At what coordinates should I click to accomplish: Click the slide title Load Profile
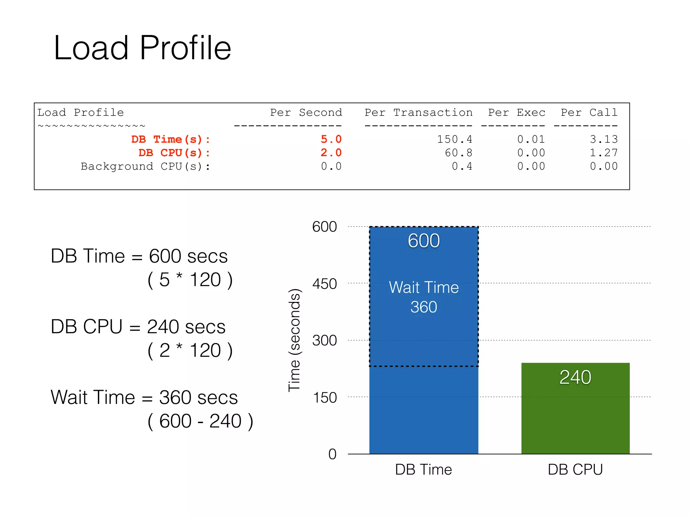click(142, 48)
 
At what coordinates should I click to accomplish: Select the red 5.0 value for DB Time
click(331, 139)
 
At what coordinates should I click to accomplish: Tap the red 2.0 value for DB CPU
click(331, 153)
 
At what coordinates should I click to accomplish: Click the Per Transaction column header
click(419, 112)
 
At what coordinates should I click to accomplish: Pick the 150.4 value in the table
click(455, 139)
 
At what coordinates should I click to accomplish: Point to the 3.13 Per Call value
click(604, 139)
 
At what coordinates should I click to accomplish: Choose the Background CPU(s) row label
click(145, 166)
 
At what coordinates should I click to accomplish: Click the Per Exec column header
click(517, 112)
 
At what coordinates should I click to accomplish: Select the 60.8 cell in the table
click(459, 153)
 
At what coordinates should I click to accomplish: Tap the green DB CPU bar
click(575, 421)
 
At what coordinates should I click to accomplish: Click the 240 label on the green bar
click(575, 377)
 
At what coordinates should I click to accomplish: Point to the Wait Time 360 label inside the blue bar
click(424, 297)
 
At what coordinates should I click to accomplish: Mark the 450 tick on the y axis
click(324, 284)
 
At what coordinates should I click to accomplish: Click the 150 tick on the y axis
click(325, 398)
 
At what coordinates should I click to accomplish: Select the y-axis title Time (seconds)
click(294, 340)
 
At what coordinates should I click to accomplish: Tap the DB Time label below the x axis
click(424, 470)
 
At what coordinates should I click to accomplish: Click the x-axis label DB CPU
click(575, 470)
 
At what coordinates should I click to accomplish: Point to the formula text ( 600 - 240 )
click(200, 421)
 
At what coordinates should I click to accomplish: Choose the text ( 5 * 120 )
click(190, 280)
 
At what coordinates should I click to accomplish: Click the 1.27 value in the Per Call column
click(604, 153)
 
